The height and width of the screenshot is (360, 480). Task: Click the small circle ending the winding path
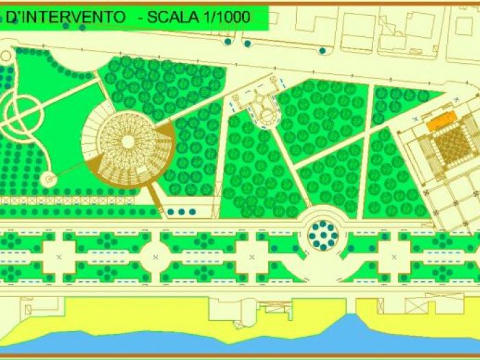pos(49,178)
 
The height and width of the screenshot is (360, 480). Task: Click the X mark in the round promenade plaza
pos(156,256)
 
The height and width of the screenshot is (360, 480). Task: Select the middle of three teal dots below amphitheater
pos(181,212)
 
